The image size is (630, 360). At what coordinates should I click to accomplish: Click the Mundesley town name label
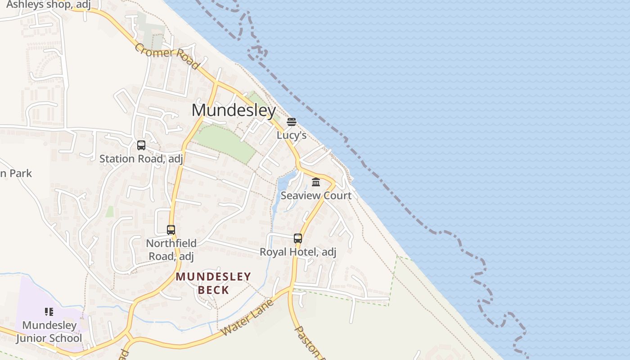(x=234, y=110)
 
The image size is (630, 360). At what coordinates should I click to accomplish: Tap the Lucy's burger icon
(x=292, y=122)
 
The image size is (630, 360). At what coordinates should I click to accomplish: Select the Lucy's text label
(x=292, y=135)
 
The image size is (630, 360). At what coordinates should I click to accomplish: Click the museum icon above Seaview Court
(x=316, y=182)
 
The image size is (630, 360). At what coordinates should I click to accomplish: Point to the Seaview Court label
(x=316, y=195)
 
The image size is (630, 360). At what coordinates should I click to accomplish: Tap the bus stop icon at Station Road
(x=141, y=145)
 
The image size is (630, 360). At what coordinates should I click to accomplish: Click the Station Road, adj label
(x=141, y=159)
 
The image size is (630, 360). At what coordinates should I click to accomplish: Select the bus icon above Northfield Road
(x=171, y=230)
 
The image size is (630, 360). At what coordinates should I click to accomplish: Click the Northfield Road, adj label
(x=171, y=250)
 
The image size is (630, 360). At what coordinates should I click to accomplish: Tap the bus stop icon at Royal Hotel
(x=298, y=238)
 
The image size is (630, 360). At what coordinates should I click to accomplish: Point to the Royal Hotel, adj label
(x=298, y=252)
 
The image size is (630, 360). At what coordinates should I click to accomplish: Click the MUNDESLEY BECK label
(x=213, y=283)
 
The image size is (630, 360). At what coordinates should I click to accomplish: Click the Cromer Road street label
(x=166, y=56)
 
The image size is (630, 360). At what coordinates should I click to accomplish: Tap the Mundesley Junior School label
(x=49, y=332)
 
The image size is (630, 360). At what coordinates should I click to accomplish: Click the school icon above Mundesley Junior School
(x=49, y=312)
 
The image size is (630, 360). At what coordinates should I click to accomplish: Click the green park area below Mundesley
(x=225, y=143)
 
